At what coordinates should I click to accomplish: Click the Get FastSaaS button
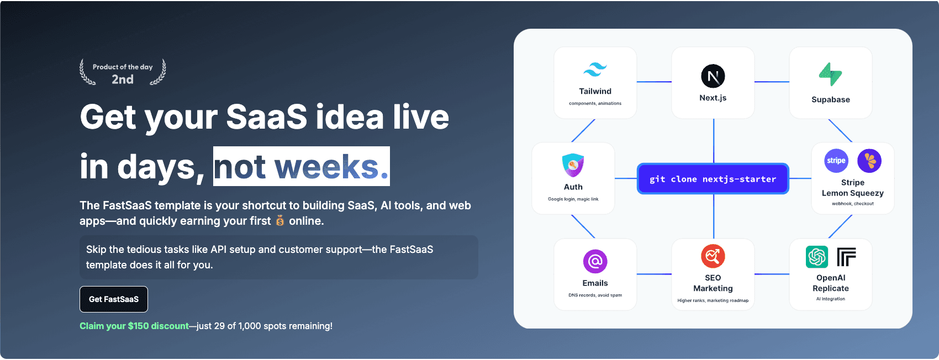[x=114, y=299]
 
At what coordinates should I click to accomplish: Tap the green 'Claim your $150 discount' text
[x=134, y=326]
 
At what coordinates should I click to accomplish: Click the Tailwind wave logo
[x=595, y=70]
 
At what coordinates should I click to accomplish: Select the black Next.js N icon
[x=713, y=76]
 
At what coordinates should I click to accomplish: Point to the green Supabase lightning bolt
[x=830, y=74]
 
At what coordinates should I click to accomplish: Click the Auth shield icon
[x=573, y=165]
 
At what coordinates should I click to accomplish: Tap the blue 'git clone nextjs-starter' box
[x=713, y=179]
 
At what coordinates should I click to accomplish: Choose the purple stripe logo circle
[x=836, y=161]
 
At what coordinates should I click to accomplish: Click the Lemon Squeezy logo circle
[x=869, y=161]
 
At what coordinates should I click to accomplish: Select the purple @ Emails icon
[x=595, y=262]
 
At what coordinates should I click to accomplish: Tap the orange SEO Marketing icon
[x=713, y=256]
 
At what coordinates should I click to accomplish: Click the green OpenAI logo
[x=817, y=257]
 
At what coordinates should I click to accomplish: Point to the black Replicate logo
[x=846, y=257]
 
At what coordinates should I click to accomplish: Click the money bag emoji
[x=280, y=220]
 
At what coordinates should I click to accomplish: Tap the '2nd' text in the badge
[x=123, y=79]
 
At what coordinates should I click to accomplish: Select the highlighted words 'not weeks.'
[x=302, y=166]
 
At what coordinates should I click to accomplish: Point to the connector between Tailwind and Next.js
[x=655, y=82]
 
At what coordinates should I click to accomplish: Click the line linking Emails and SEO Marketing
[x=655, y=274]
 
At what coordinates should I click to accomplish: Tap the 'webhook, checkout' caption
[x=853, y=204]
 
